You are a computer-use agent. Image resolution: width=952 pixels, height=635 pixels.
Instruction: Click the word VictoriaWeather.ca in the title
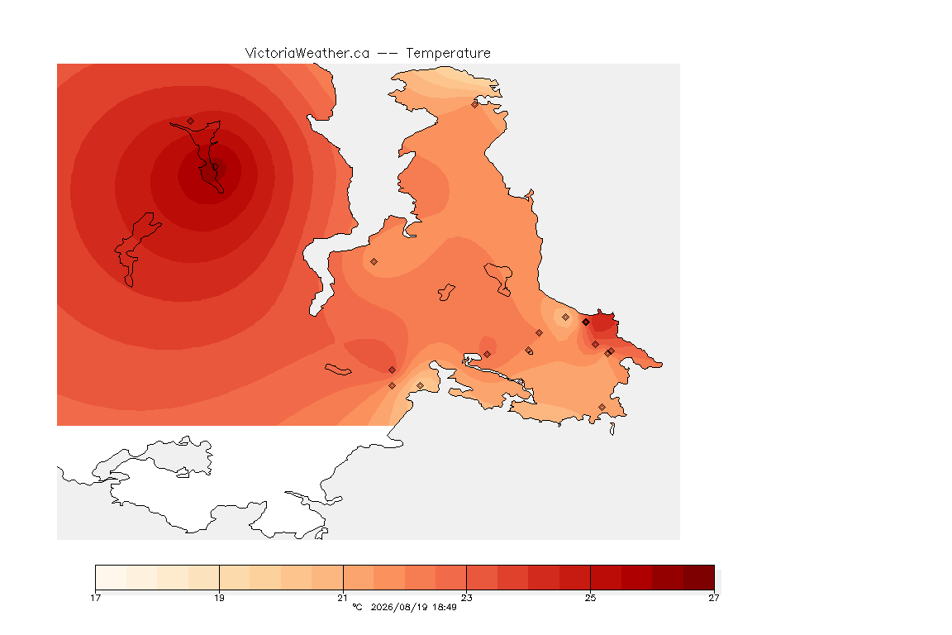click(307, 54)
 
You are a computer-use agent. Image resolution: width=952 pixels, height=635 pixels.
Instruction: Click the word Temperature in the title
click(448, 54)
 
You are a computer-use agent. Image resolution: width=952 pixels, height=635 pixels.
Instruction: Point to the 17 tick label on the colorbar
click(95, 598)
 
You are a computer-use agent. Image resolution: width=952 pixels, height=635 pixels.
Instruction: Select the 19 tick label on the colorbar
click(219, 598)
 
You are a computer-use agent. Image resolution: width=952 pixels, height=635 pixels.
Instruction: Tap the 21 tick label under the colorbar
click(343, 598)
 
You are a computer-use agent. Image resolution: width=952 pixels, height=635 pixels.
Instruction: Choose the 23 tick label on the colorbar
click(466, 598)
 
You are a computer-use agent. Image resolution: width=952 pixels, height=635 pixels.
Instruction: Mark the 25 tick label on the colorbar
click(590, 598)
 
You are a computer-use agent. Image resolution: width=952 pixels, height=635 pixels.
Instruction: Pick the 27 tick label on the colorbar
click(714, 598)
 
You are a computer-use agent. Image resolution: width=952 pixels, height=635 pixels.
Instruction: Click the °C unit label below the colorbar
click(357, 607)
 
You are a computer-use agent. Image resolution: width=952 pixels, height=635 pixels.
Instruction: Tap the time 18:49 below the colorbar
click(445, 607)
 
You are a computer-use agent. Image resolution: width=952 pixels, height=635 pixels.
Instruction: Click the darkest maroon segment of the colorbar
click(699, 577)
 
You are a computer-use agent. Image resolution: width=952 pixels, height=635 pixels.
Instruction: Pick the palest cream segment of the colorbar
click(111, 577)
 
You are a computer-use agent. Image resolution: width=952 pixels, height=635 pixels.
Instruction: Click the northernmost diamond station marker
click(475, 104)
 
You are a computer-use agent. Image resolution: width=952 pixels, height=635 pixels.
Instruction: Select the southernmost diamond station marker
click(602, 407)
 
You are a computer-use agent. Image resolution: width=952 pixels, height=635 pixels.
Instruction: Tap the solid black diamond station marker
click(586, 322)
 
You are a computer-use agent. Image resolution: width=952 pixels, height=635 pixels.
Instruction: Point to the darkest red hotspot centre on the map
click(211, 173)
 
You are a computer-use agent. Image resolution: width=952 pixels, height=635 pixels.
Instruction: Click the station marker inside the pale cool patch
click(565, 317)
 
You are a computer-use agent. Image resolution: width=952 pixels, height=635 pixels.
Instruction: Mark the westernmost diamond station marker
click(191, 122)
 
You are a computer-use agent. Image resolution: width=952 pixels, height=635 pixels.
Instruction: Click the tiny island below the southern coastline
click(612, 429)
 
